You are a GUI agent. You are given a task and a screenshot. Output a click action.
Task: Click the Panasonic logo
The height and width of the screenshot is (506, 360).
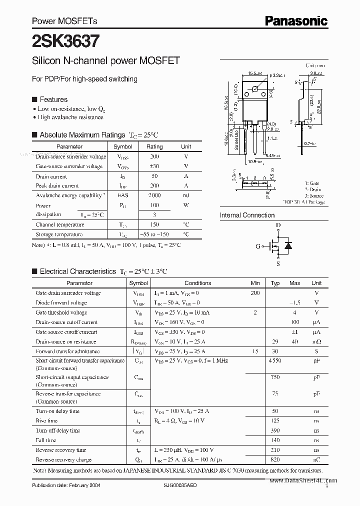coord(295,20)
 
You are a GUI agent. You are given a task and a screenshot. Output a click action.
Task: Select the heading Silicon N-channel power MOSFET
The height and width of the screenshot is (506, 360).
coord(105,61)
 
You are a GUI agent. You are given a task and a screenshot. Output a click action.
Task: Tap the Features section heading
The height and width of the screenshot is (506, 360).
coord(53,99)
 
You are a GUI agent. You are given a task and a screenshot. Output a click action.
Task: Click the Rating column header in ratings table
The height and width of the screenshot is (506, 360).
coord(154,146)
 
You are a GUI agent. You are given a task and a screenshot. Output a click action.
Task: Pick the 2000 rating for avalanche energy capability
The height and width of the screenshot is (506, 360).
coord(154,195)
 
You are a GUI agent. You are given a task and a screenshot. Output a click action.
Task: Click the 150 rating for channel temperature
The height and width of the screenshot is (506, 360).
coord(154,225)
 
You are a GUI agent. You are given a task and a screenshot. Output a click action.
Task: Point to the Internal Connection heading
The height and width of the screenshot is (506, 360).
coord(247,215)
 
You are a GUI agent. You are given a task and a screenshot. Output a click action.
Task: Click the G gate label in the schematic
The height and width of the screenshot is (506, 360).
coord(258,246)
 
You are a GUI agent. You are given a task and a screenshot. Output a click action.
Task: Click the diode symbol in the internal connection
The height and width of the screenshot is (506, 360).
coord(288,245)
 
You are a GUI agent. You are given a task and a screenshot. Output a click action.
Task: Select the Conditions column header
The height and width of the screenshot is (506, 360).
coord(198,283)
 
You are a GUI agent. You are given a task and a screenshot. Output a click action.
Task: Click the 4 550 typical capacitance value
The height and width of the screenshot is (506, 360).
coord(274,360)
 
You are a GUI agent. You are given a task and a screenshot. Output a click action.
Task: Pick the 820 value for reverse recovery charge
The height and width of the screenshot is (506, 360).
coord(274,459)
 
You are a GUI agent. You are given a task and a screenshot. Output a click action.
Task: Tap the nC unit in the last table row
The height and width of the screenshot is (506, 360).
coord(316,459)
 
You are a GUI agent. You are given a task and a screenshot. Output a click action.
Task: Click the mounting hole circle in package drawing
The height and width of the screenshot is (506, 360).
coord(255,89)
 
